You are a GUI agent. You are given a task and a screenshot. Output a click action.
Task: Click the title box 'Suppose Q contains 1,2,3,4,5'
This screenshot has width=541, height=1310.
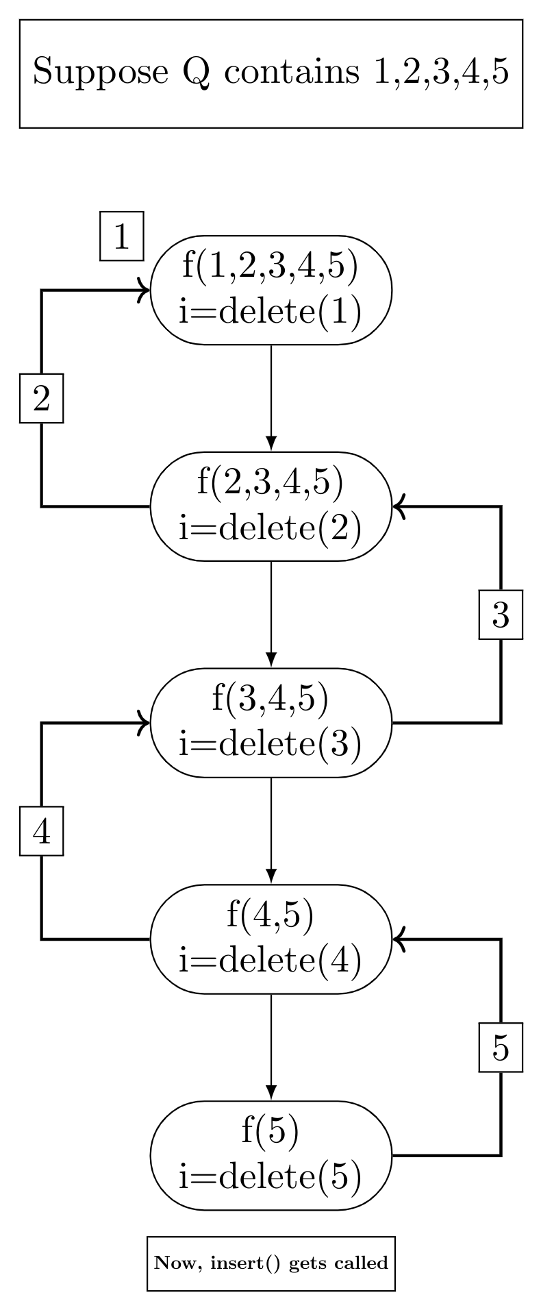[x=270, y=73]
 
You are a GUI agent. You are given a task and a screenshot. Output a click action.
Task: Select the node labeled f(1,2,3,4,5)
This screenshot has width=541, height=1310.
[x=270, y=290]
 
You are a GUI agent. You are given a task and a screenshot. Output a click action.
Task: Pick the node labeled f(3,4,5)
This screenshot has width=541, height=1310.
[x=270, y=723]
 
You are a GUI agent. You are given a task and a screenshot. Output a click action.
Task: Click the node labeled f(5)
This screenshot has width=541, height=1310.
[x=270, y=1156]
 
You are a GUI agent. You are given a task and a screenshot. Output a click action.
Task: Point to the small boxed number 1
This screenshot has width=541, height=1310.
[x=122, y=236]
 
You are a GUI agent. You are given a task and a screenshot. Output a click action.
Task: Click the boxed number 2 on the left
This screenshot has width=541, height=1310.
[x=41, y=398]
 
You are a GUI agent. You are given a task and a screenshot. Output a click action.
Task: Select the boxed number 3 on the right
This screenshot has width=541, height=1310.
[x=501, y=615]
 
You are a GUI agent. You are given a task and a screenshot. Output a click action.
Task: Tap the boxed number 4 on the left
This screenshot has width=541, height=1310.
[x=41, y=831]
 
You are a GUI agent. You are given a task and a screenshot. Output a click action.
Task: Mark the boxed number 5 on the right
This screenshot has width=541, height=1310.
[x=501, y=1048]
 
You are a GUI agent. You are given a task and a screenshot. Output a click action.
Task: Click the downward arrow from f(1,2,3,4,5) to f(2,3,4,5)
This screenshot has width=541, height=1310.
[x=271, y=397]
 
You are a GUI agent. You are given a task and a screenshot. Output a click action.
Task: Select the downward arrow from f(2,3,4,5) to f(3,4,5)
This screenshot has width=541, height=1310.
[x=271, y=614]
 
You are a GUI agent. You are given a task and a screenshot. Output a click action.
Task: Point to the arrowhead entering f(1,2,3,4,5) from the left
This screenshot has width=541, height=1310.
[x=144, y=290]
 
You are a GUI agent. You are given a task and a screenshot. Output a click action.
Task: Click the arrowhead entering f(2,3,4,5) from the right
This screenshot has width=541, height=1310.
[x=399, y=507]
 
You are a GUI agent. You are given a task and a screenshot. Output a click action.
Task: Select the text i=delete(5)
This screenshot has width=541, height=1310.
[x=270, y=1176]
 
